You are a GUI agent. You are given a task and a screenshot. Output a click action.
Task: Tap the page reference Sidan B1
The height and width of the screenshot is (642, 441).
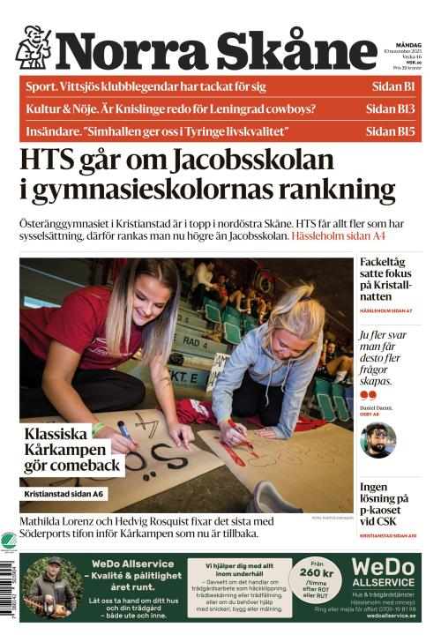point(391,86)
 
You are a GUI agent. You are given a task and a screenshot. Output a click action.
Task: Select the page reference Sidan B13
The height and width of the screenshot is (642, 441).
point(389,109)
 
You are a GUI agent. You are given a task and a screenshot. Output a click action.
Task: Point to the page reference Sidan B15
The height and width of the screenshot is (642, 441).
point(389,131)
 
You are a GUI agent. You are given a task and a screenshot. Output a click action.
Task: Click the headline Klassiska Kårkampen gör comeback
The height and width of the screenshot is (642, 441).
point(71,450)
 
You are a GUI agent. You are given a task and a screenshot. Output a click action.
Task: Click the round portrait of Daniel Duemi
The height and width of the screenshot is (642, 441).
point(378,440)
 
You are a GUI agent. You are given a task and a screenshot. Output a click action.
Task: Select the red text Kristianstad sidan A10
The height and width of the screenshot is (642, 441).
point(388,535)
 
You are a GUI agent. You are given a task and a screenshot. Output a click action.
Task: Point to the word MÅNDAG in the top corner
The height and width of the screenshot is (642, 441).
point(408,45)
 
